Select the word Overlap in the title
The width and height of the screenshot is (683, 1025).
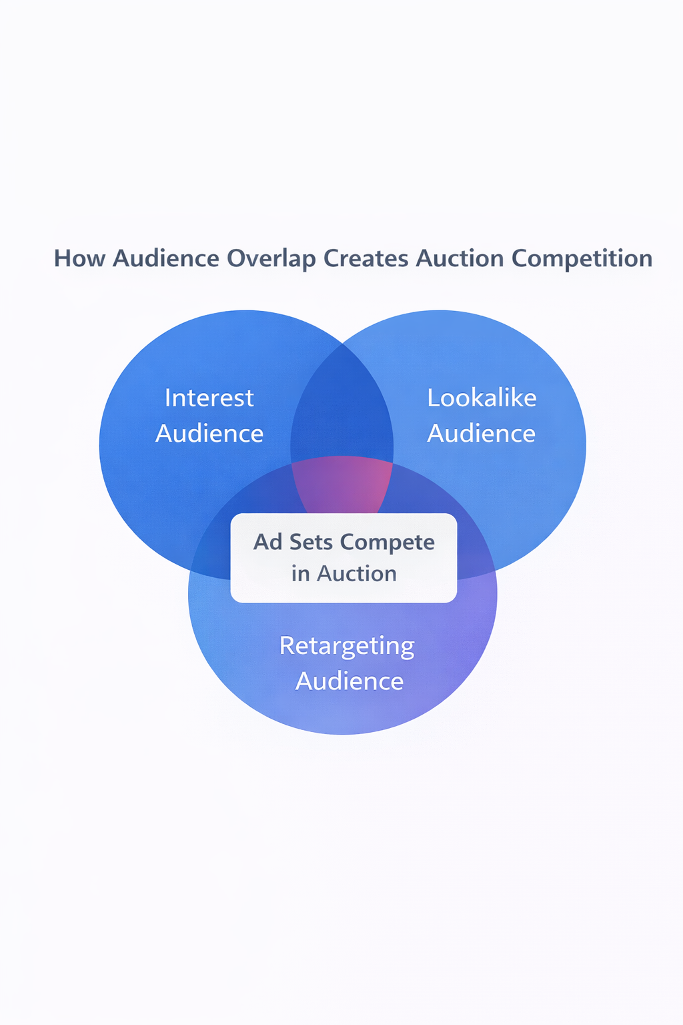271,259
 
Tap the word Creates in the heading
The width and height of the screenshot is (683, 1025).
366,259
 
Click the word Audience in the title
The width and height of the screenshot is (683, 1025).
166,259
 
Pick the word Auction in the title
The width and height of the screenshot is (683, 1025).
460,259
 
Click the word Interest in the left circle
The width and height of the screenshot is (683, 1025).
209,398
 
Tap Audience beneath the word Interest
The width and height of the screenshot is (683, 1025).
209,434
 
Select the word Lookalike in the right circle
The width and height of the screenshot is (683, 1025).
482,398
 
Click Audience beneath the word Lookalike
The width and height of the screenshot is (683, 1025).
482,434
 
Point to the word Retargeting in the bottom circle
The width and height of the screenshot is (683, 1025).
347,646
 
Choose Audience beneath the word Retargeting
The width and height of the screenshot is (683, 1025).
350,681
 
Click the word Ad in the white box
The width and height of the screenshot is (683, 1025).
268,542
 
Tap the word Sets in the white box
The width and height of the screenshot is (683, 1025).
311,542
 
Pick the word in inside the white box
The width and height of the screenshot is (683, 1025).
300,574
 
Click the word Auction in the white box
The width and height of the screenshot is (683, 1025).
357,574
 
